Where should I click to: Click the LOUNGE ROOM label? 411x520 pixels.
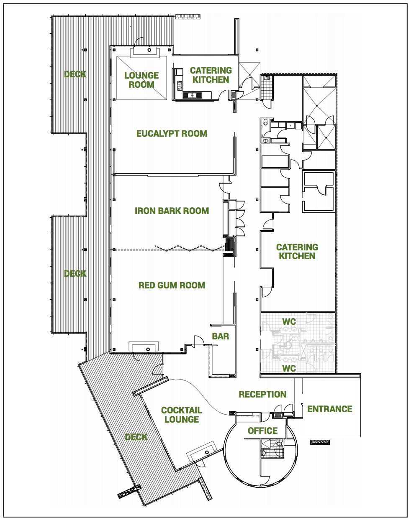point(141,80)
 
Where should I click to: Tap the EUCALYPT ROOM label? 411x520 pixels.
point(172,134)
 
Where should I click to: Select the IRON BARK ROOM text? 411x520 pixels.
point(172,211)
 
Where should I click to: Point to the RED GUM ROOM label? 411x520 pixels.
point(172,285)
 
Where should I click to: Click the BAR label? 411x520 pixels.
point(220,336)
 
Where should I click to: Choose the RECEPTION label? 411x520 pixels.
point(262,395)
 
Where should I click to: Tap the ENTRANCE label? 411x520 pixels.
point(330,409)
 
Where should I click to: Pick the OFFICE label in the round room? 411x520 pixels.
point(262,431)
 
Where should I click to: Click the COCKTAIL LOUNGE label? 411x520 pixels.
point(182,415)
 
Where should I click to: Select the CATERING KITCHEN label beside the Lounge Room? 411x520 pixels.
point(211,75)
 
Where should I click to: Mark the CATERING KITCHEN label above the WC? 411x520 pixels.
point(297,252)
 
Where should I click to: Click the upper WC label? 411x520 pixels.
point(289,322)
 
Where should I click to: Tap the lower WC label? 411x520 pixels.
point(289,369)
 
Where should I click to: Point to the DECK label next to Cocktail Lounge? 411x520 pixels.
point(136,437)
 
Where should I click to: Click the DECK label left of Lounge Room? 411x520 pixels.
point(75,74)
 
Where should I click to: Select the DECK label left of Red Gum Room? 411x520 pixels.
point(75,274)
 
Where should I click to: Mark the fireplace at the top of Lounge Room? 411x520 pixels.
point(144,52)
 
